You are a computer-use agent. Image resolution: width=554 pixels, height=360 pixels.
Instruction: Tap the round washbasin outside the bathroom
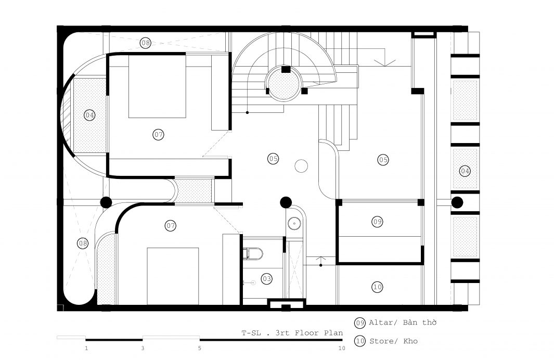(294, 223)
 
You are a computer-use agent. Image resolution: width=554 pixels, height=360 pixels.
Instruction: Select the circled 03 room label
(267, 279)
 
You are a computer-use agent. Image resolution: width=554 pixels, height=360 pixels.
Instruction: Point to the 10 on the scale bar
(342, 349)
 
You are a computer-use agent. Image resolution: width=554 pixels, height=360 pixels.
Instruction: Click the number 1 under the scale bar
(86, 349)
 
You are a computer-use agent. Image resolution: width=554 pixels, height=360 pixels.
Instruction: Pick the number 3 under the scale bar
(143, 349)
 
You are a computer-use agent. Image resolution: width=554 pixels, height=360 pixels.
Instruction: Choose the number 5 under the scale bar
(200, 349)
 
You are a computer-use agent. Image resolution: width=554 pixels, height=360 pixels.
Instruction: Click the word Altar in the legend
(381, 322)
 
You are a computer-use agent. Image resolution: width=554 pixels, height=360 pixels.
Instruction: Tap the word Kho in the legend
(410, 341)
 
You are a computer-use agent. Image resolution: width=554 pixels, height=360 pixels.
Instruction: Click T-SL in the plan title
(251, 333)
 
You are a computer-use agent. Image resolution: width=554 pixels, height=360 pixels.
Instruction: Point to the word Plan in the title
(333, 333)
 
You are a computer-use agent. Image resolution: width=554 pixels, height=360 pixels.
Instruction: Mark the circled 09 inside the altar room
(377, 222)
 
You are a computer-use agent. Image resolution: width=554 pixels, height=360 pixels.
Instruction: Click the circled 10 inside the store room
(377, 287)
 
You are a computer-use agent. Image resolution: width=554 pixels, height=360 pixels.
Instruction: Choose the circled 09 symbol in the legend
(360, 323)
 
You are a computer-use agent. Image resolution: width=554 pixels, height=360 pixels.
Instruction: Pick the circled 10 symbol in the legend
(360, 341)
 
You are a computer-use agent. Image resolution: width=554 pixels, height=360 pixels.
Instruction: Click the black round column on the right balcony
(457, 202)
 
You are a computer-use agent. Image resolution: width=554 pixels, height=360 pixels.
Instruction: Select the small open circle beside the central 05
(301, 166)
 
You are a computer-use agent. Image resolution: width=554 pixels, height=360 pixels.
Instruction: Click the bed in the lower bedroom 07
(173, 276)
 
